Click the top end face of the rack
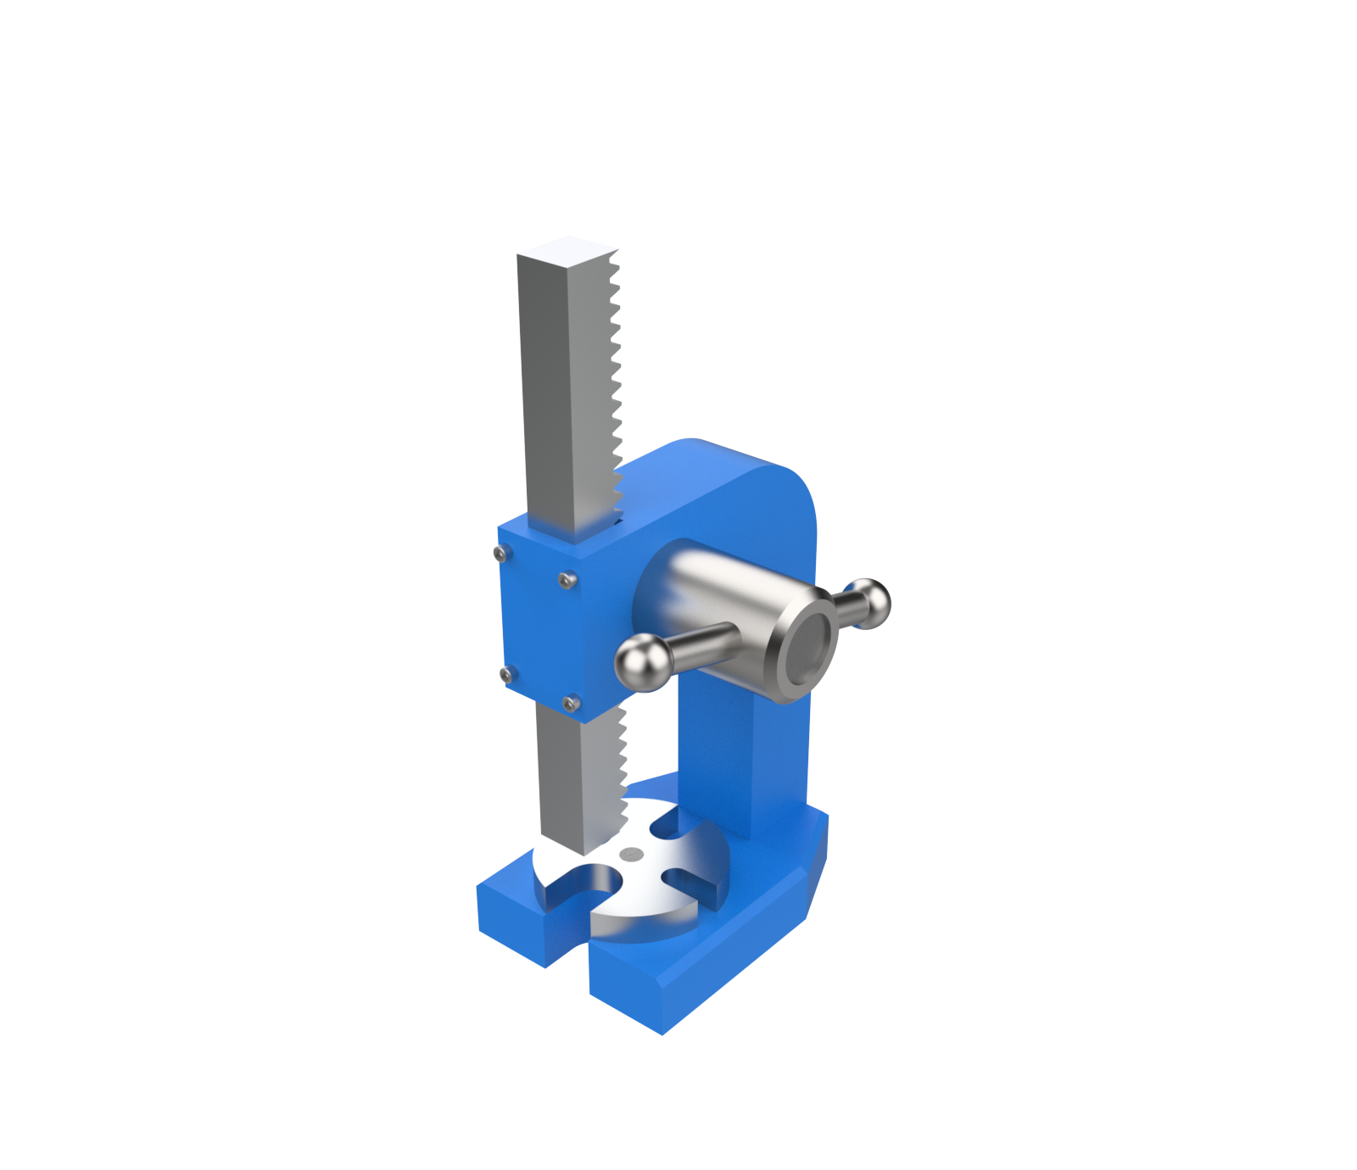567,248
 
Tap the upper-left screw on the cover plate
500,554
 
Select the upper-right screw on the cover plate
567,580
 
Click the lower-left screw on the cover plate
506,675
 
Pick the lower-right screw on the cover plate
572,703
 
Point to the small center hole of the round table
631,854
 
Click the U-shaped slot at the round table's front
585,886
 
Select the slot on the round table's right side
691,883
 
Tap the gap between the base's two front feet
567,950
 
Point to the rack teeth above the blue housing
616,382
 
